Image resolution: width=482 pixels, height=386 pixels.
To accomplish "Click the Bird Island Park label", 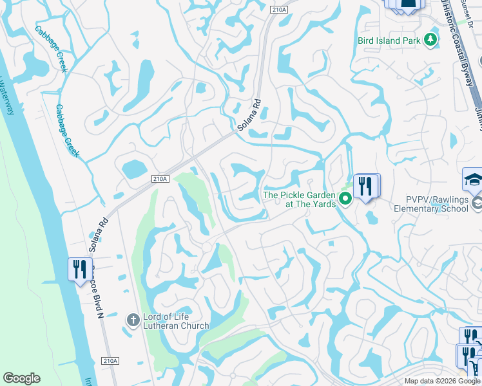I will click(x=389, y=41).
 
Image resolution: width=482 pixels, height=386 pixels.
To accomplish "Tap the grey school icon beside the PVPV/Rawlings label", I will click(x=477, y=203).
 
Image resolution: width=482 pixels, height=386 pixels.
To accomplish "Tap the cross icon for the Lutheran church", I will click(x=133, y=320).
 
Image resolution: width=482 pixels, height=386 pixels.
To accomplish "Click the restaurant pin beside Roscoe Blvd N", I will click(x=79, y=268).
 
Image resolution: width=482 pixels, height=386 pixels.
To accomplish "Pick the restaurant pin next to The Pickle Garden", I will click(x=365, y=186).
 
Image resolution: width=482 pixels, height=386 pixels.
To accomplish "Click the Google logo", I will click(x=21, y=378).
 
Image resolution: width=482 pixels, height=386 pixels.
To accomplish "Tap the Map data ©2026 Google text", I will click(x=442, y=381).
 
